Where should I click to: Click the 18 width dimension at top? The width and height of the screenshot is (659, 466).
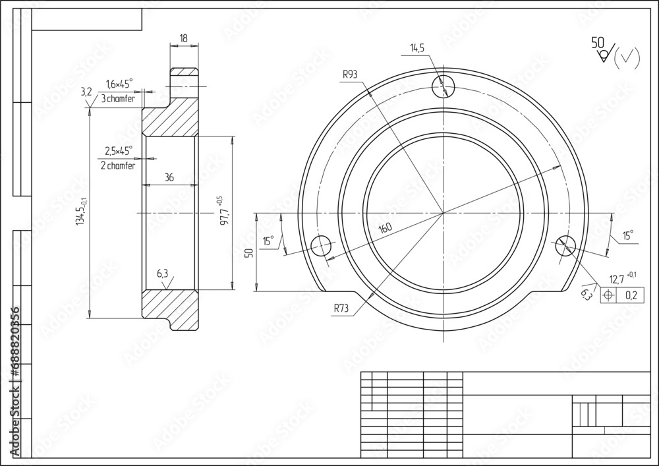(x=183, y=39)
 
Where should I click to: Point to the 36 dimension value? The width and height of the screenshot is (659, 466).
(x=169, y=178)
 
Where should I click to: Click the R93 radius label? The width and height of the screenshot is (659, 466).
(x=349, y=74)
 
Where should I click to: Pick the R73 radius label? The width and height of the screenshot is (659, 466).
(x=341, y=307)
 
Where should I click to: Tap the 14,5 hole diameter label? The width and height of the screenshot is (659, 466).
(x=417, y=48)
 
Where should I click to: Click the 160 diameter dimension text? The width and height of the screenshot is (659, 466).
(x=385, y=229)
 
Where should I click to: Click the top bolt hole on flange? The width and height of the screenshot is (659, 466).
(x=444, y=86)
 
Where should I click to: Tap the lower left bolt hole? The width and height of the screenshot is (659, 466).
(x=321, y=246)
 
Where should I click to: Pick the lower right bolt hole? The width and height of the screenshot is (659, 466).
(x=565, y=246)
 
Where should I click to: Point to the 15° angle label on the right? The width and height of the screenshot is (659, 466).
(x=627, y=235)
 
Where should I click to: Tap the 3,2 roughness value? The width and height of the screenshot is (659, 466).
(x=86, y=92)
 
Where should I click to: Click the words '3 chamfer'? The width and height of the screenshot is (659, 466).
(x=119, y=99)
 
